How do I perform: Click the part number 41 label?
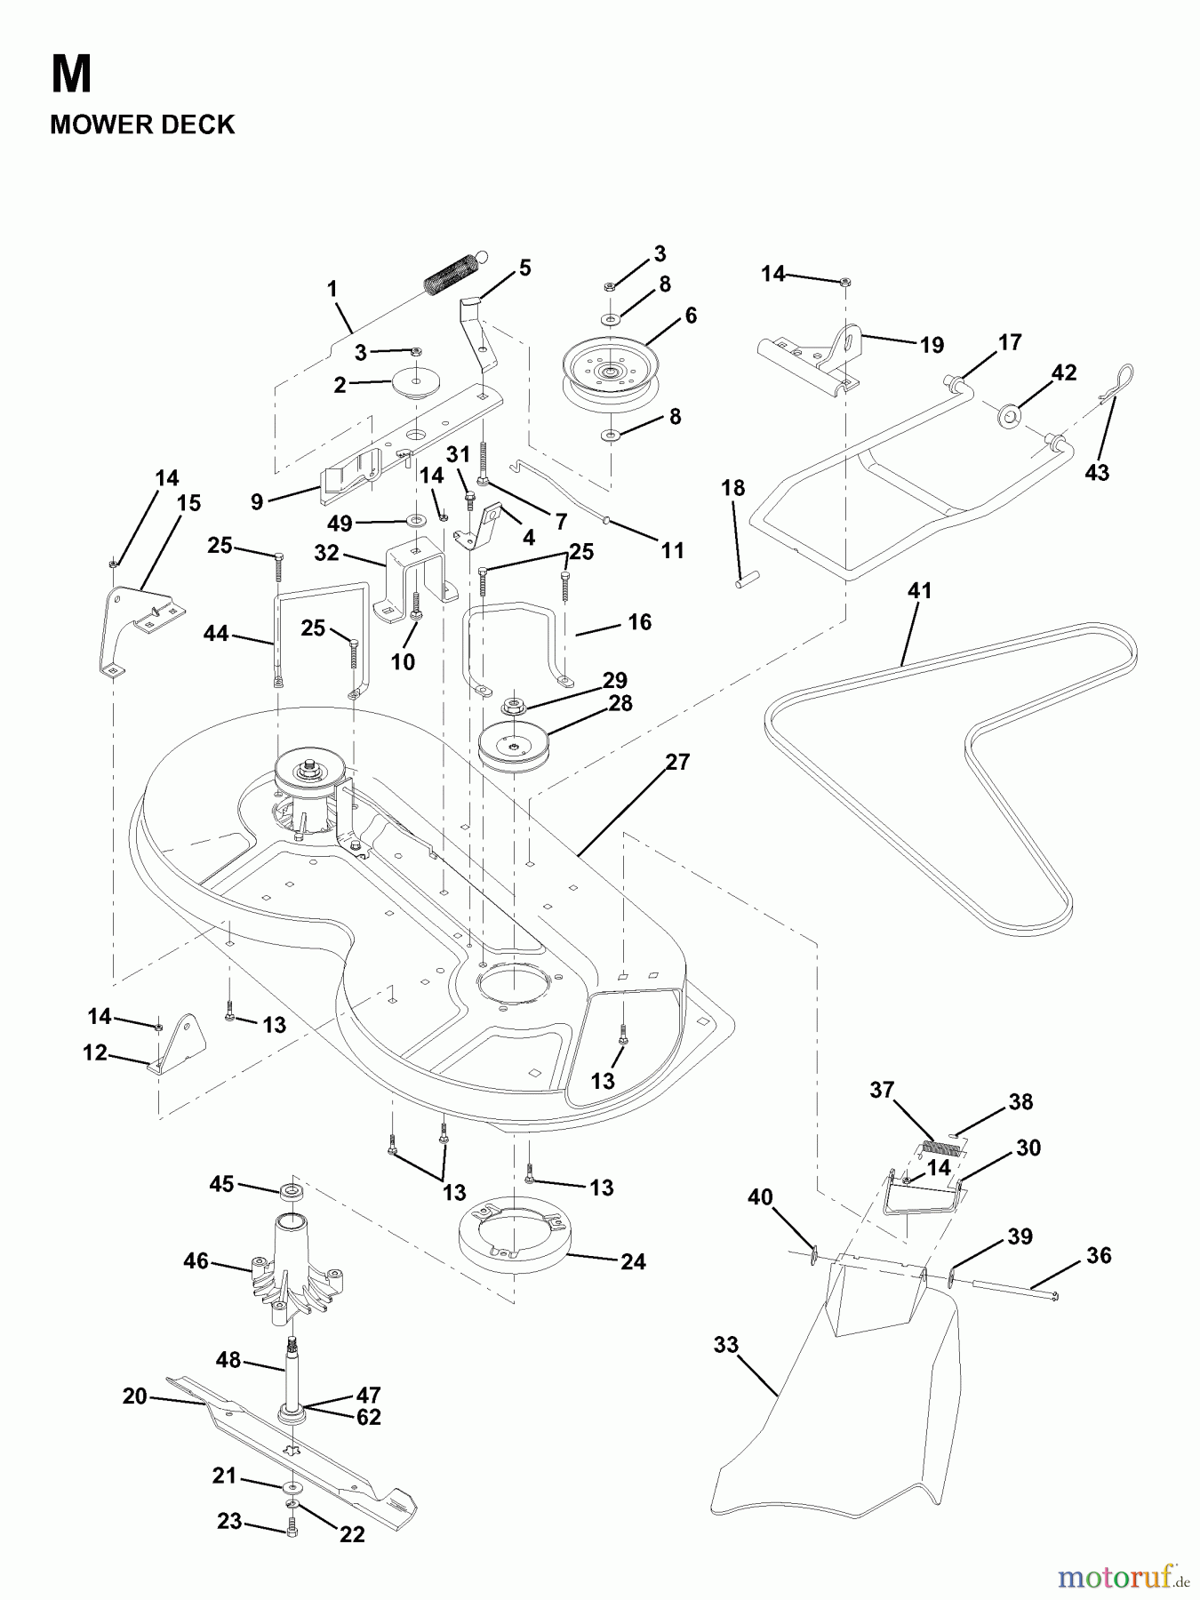click(x=919, y=590)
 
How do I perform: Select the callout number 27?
click(x=677, y=762)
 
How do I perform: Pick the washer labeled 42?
click(x=1009, y=415)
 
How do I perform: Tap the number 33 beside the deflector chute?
click(x=726, y=1345)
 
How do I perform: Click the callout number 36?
click(x=1099, y=1255)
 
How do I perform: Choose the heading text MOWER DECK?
click(x=142, y=124)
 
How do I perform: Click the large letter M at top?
click(x=71, y=75)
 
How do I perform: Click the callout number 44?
click(x=216, y=634)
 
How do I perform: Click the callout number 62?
click(x=368, y=1418)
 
